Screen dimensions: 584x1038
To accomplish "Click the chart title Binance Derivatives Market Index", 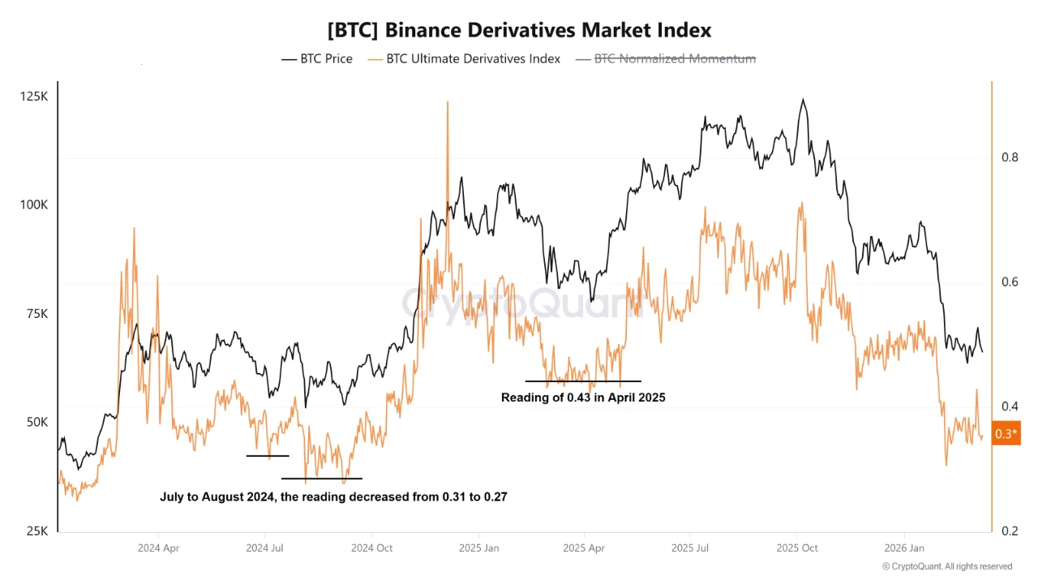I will [519, 30].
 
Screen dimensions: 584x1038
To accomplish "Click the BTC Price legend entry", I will [317, 58].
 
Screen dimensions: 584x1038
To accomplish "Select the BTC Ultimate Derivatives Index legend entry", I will [464, 58].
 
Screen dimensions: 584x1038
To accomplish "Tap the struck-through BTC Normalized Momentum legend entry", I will [666, 58].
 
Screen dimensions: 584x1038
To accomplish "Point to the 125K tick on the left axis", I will [34, 97].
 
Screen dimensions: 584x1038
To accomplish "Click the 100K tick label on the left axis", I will [34, 205].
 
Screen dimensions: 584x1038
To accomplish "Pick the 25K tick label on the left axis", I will [36, 531].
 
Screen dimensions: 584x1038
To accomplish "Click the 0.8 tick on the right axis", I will [1009, 157].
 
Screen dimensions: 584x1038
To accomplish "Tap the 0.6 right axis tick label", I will [1009, 282].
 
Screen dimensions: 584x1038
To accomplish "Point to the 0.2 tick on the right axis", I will [1009, 531].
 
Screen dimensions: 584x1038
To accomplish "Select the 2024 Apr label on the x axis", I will [158, 548].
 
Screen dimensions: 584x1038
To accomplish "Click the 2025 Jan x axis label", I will [478, 548].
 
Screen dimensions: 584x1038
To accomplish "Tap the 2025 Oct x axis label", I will [797, 548].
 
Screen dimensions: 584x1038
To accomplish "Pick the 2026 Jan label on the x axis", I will [904, 548].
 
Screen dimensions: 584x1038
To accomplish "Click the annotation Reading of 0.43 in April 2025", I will [583, 397].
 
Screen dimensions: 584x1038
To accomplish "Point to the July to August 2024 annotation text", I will [333, 496].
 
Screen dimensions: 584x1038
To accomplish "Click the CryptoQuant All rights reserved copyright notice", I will [947, 566].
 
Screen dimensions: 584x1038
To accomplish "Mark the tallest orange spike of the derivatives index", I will [447, 103].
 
